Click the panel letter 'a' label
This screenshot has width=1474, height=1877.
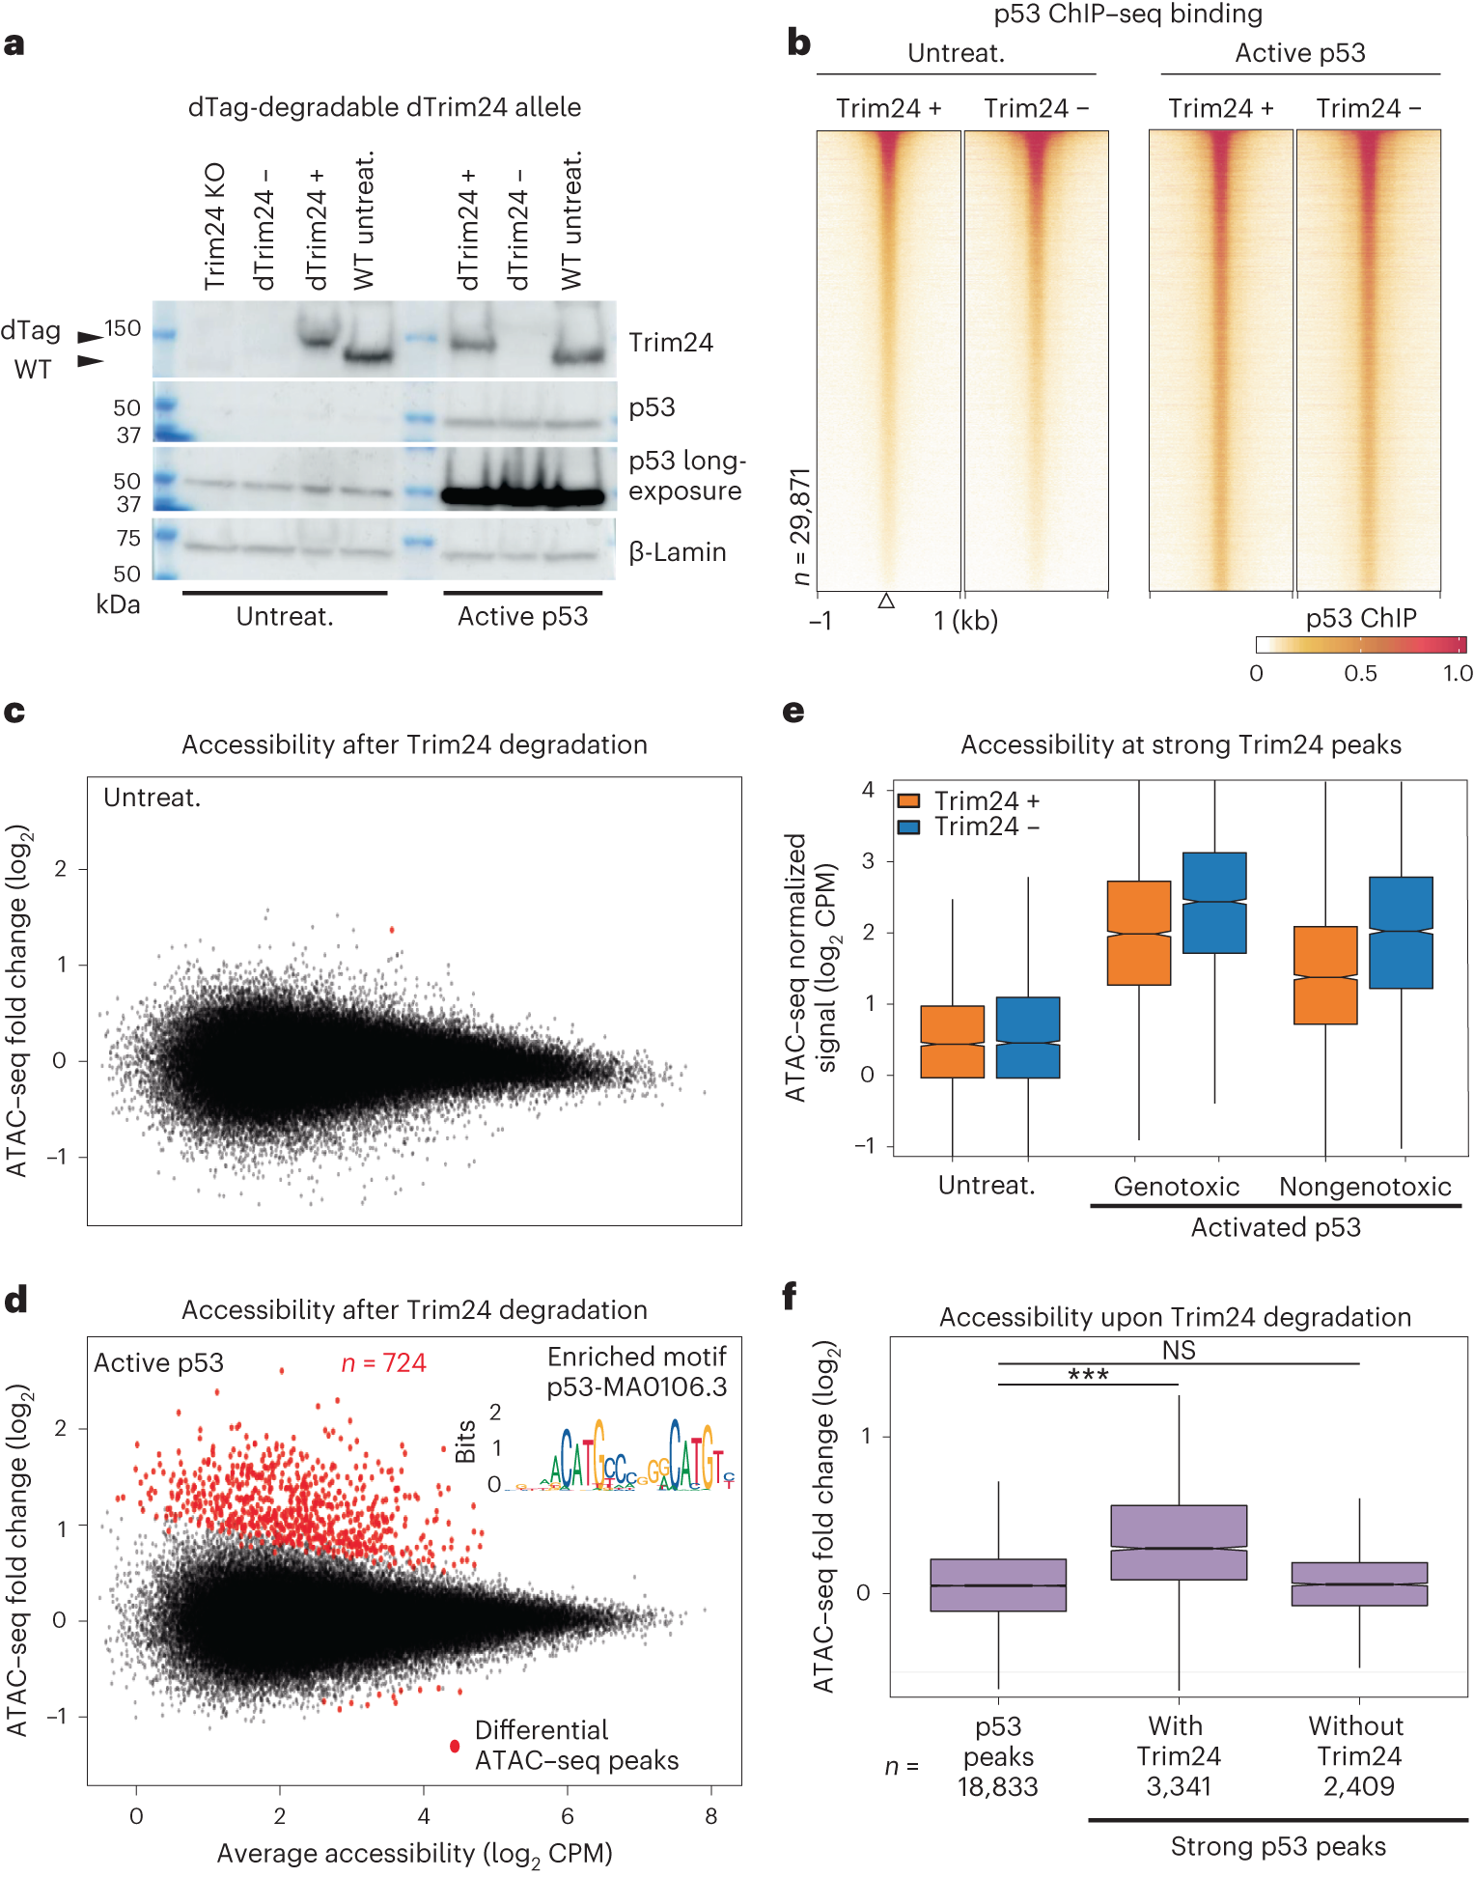(x=14, y=44)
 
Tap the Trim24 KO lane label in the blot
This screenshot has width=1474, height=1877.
(x=214, y=226)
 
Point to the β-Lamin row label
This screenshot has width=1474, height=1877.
(x=678, y=552)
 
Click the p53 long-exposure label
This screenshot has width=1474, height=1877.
(x=686, y=476)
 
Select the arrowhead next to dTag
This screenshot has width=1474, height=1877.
(x=90, y=337)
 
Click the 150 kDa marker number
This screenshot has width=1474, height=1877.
(x=123, y=328)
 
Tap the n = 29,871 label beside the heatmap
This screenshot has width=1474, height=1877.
(x=800, y=526)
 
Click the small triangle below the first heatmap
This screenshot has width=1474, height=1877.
(x=886, y=602)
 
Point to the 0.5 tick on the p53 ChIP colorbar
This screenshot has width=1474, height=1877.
(x=1360, y=673)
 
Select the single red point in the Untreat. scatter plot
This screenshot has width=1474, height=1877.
(x=392, y=930)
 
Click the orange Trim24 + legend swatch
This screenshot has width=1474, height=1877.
(x=908, y=801)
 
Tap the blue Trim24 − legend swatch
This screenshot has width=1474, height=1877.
(x=908, y=827)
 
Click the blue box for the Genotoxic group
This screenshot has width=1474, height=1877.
(x=1214, y=903)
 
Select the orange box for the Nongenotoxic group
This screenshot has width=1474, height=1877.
(x=1325, y=975)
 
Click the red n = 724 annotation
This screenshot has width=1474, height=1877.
(x=383, y=1363)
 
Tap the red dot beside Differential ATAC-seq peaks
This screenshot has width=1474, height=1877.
(x=455, y=1746)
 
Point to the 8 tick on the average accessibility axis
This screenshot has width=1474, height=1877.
(x=711, y=1816)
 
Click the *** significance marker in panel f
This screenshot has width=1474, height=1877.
(x=1088, y=1374)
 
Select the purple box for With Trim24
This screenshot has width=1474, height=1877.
(x=1179, y=1542)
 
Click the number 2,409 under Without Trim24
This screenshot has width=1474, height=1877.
(x=1358, y=1786)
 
